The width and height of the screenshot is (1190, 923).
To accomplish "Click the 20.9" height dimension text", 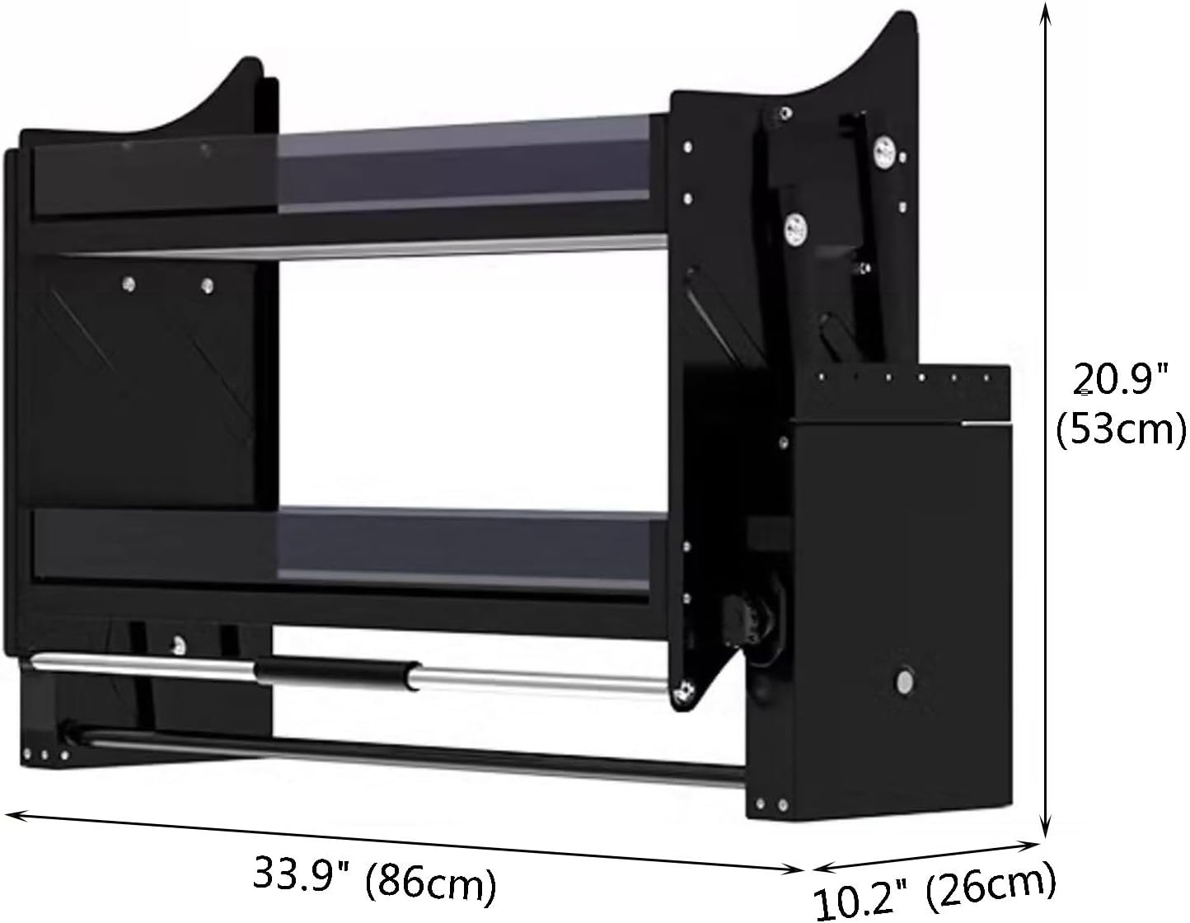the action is click(x=1121, y=379).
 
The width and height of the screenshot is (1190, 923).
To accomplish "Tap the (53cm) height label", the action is click(x=1121, y=430).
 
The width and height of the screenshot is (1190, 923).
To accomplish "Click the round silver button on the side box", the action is click(x=904, y=682).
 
